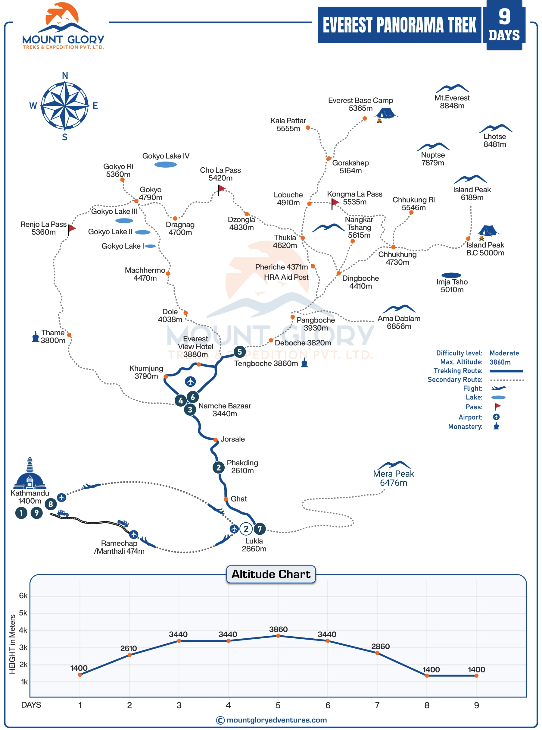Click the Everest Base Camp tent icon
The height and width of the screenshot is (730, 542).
coord(386,113)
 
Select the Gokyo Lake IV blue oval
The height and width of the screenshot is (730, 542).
coord(165,165)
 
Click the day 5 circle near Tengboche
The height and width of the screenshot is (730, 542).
coord(239,352)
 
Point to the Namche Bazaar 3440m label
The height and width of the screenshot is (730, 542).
coord(224,410)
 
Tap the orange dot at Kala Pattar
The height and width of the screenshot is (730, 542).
coord(308,128)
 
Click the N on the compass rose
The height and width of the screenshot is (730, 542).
coord(65,76)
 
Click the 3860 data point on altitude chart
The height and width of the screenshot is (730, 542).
coord(278,636)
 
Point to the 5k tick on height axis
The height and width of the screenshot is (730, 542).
coord(23,613)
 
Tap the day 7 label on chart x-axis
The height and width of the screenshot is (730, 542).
coord(377,705)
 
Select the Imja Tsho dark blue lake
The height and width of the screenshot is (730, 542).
coord(451,275)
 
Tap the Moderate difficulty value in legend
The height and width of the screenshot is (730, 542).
coord(504,353)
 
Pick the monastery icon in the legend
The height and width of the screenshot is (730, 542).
coord(496,426)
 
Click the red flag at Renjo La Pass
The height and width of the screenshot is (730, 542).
coord(72,228)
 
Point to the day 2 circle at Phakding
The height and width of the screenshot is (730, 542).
coord(219,467)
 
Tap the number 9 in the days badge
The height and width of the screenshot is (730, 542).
coord(504,16)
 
